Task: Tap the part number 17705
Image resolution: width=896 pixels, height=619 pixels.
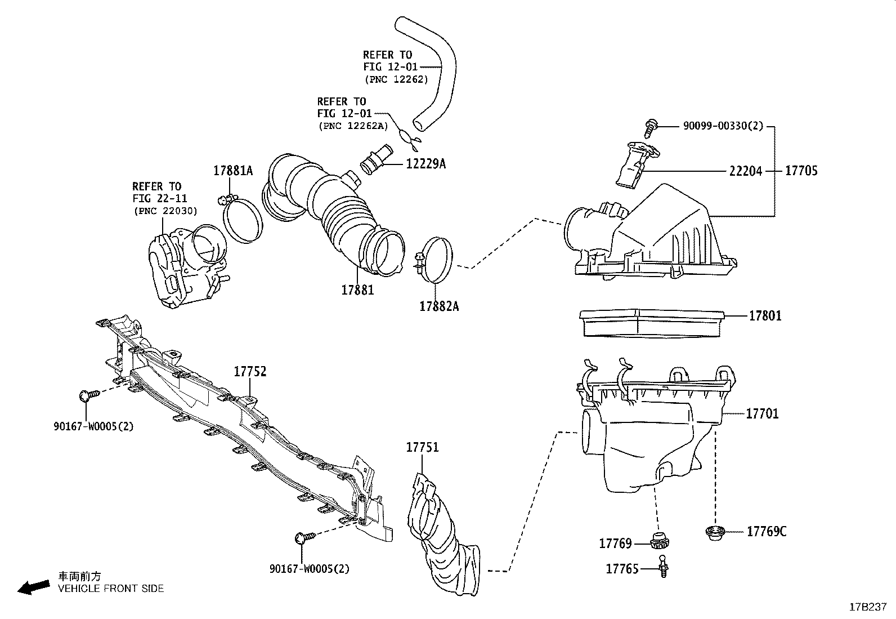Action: (x=801, y=171)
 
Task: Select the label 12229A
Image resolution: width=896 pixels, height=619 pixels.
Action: (x=425, y=164)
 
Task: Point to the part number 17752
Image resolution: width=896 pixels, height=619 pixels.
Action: (x=250, y=372)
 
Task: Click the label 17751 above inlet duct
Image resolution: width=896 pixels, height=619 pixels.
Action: (x=422, y=447)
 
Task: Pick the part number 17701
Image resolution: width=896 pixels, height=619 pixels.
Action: (x=762, y=414)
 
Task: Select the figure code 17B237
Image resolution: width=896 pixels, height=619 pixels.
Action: (x=867, y=607)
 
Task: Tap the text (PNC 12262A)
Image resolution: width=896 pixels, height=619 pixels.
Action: (x=353, y=126)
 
